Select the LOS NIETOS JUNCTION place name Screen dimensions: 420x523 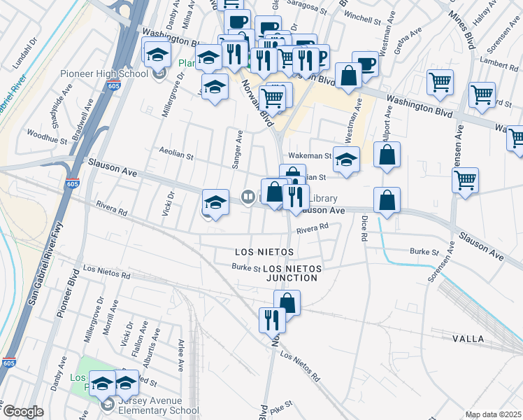(292, 273)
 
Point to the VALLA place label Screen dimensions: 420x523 (468, 339)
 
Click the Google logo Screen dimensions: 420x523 (22, 412)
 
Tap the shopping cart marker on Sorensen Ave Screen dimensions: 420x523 (465, 181)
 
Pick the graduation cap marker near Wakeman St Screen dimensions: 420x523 (346, 160)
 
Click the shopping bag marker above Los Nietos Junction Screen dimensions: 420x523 (287, 303)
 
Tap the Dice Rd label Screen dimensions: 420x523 (364, 228)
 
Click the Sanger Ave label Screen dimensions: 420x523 (237, 149)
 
